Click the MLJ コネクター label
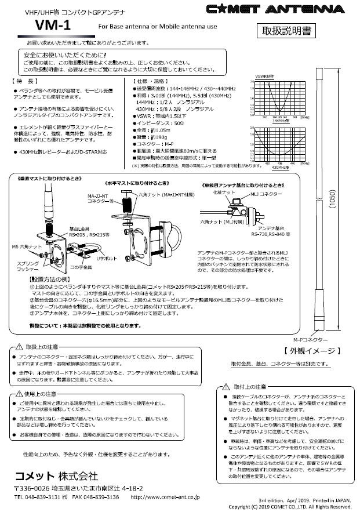(x=267, y=192)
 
